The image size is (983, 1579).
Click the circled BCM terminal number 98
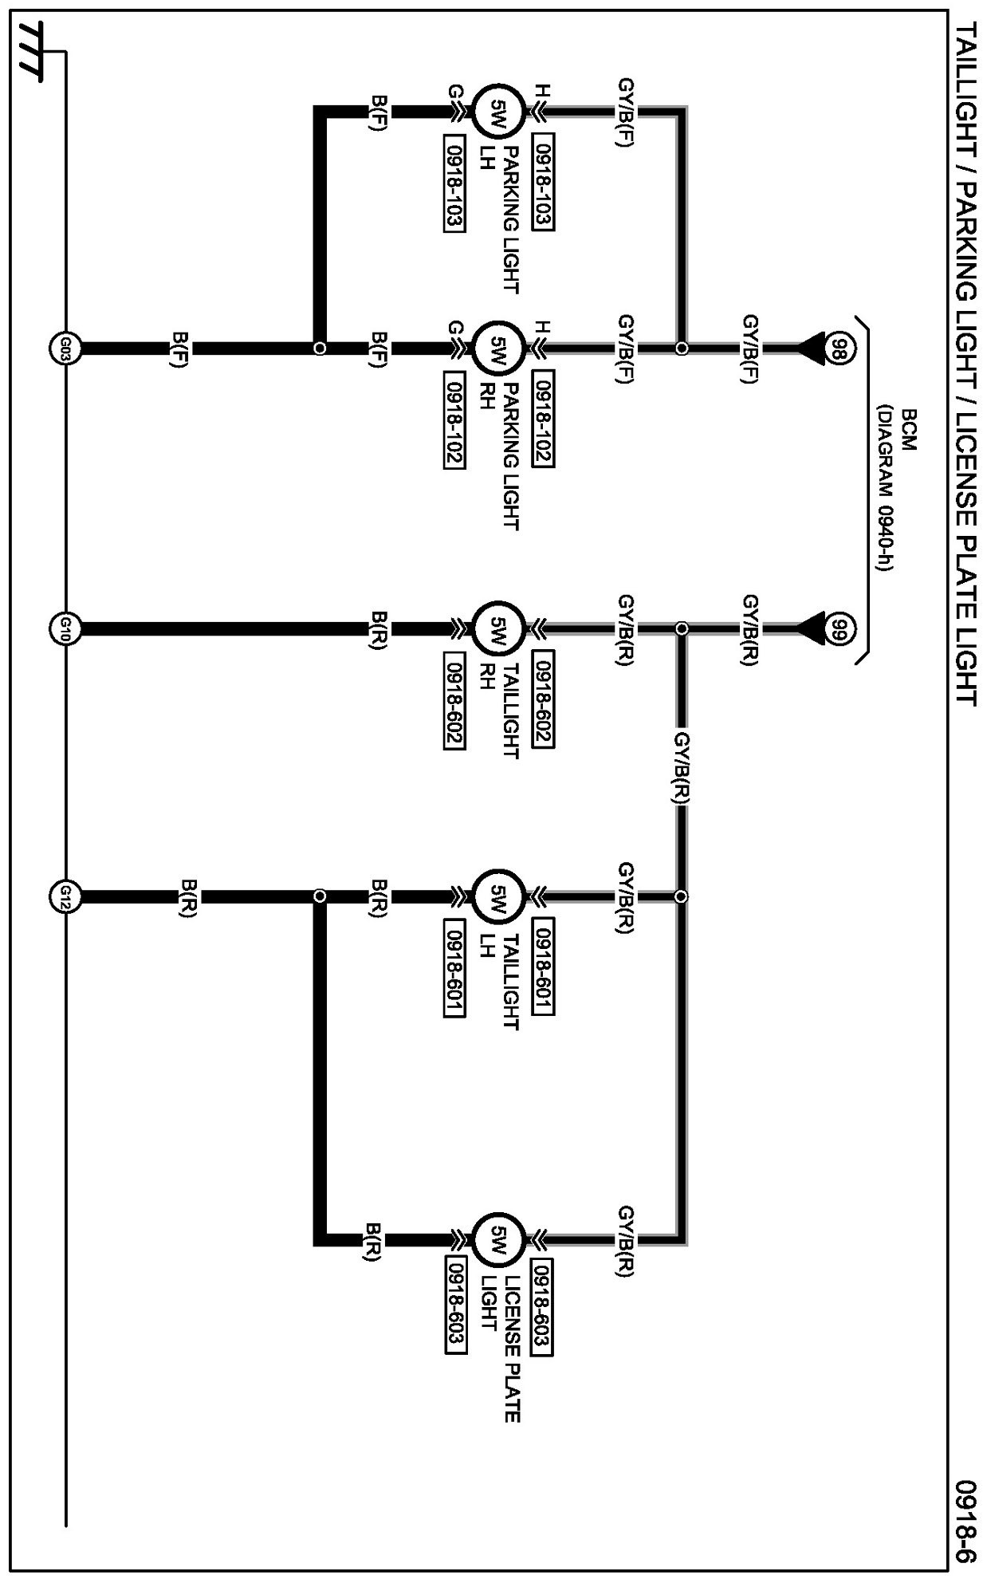(837, 348)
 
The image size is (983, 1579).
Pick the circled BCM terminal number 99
(837, 628)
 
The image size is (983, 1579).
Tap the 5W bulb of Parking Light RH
(498, 348)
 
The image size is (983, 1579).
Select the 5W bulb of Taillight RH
(498, 628)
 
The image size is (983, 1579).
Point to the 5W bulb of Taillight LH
(498, 896)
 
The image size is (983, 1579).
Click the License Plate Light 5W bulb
(498, 1241)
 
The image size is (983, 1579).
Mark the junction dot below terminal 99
(682, 628)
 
